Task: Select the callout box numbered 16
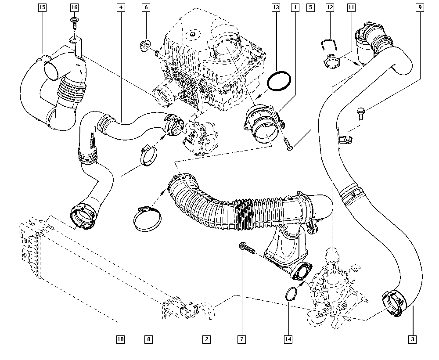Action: pyautogui.click(x=74, y=7)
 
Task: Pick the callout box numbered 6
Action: pyautogui.click(x=146, y=7)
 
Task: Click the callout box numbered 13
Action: pyautogui.click(x=275, y=7)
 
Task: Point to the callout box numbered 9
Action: pyautogui.click(x=420, y=7)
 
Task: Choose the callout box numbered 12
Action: pyautogui.click(x=330, y=7)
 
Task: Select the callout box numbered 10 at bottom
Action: pyautogui.click(x=120, y=339)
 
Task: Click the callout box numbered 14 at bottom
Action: pyautogui.click(x=288, y=339)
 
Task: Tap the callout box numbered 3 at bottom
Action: pyautogui.click(x=412, y=339)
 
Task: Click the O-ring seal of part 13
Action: pyautogui.click(x=279, y=82)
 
